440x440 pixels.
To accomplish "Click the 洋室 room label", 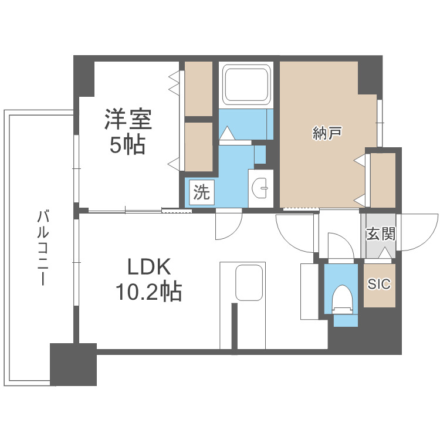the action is point(128,119).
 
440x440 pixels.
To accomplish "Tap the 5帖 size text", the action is point(127,145).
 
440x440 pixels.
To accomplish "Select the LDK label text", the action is point(149,267).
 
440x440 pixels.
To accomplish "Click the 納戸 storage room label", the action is point(327,133).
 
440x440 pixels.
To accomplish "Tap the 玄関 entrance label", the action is point(381,233).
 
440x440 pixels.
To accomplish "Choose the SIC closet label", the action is point(380,284).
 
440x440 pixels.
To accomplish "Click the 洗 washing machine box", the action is point(202,192).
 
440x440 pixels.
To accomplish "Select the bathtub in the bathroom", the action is point(246,83).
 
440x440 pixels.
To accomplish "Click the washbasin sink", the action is point(260,188).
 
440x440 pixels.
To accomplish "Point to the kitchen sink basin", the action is point(249,283).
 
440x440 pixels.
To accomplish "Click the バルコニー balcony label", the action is point(42,248).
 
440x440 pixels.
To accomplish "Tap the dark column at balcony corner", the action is point(73,364).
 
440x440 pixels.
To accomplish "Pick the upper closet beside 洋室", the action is point(198,89).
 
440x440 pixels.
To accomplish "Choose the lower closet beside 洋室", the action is point(198,147).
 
